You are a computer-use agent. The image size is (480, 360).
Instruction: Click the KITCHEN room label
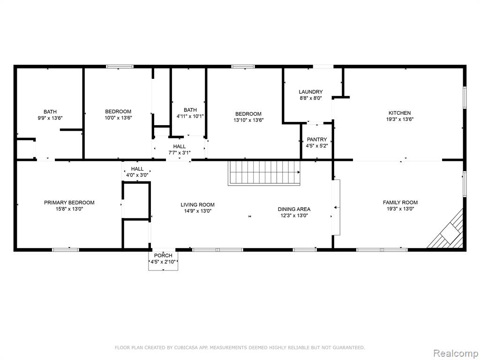tap(399, 113)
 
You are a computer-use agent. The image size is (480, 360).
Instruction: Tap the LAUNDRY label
tap(310, 92)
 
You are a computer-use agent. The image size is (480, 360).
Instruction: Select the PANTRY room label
tap(317, 140)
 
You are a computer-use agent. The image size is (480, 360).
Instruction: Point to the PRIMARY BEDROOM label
tap(69, 202)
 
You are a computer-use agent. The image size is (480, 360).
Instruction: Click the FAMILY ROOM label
tap(400, 202)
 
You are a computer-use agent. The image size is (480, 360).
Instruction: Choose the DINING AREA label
tap(294, 209)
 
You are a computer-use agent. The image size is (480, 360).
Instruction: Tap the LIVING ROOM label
tap(197, 205)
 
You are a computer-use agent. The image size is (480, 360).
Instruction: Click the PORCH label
tap(163, 255)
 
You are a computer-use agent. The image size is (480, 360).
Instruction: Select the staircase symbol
tap(264, 173)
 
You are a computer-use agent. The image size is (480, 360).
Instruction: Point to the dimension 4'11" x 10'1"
tap(190, 116)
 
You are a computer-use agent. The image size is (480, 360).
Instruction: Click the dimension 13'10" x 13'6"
tap(248, 120)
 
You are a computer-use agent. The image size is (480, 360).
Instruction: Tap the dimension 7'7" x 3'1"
tap(179, 153)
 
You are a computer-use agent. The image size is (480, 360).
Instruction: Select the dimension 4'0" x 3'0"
tap(137, 175)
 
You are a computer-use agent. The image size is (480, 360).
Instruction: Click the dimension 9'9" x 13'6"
tap(50, 118)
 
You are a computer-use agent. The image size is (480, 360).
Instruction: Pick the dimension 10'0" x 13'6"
tap(118, 118)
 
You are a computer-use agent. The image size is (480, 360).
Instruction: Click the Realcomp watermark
tap(456, 353)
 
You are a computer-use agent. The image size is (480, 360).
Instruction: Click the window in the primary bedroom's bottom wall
tap(66, 250)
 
